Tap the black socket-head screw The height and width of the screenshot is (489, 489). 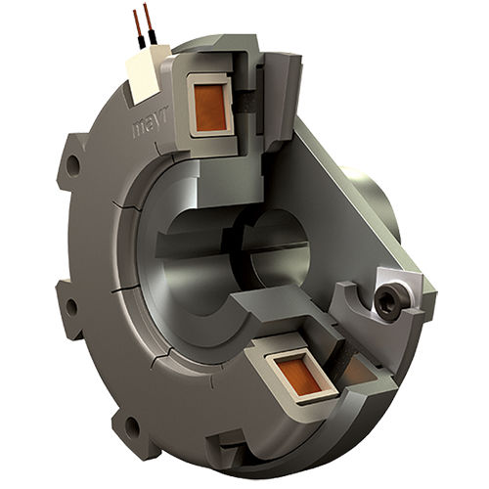coord(390,302)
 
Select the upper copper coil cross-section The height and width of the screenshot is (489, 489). coord(210,108)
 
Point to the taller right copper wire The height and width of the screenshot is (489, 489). coord(148,18)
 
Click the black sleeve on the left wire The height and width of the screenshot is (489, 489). coord(142,43)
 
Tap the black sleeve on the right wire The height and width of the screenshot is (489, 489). coord(153,37)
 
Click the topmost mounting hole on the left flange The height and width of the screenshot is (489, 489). coord(73,162)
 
